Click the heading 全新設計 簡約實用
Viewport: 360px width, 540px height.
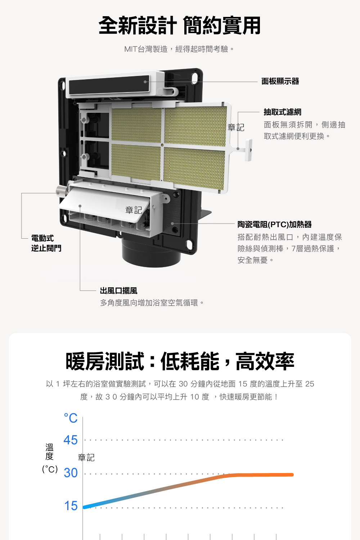coord(180,26)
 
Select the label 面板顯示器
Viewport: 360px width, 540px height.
coord(280,81)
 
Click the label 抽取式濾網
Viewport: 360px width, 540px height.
coord(282,112)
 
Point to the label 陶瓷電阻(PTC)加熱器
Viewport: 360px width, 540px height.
coord(274,224)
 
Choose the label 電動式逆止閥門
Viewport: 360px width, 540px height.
coord(46,243)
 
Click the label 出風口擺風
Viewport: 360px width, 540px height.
coord(119,291)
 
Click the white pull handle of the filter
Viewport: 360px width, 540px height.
coord(249,150)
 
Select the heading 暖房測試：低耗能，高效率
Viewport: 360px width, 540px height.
coord(180,361)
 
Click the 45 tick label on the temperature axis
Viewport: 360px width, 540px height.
coord(71,440)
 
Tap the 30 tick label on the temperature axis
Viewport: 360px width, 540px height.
coord(71,473)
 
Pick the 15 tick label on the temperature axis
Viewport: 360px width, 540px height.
coord(71,505)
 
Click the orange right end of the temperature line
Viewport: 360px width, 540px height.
coord(292,475)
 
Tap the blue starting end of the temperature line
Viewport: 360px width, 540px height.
coord(85,507)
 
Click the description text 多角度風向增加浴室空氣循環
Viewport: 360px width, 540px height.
coord(152,303)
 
